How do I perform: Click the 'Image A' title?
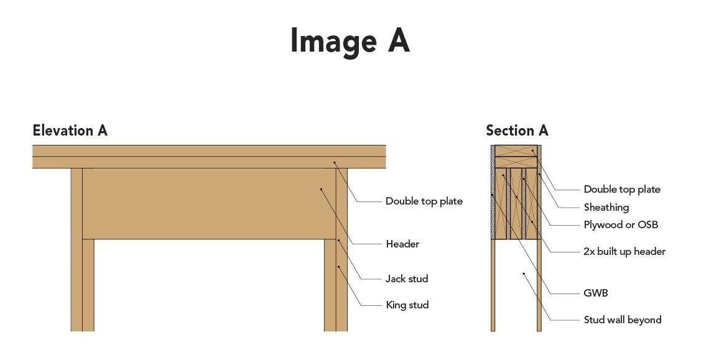(350, 41)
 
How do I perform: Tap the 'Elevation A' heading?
(70, 131)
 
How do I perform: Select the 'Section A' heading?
(517, 131)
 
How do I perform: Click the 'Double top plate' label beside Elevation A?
(424, 201)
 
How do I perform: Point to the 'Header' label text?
(402, 244)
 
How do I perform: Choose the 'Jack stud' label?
(407, 279)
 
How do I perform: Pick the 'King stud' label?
(407, 305)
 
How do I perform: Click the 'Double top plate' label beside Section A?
(622, 190)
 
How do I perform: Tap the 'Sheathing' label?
(606, 207)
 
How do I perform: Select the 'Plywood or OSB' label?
(621, 224)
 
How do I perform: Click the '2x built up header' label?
(624, 252)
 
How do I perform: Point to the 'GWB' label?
(596, 293)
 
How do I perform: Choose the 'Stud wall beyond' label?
(623, 320)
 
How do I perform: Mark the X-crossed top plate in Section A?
(516, 151)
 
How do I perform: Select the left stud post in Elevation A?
(76, 249)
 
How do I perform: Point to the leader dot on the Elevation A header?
(322, 188)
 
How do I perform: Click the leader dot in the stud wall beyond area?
(524, 273)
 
